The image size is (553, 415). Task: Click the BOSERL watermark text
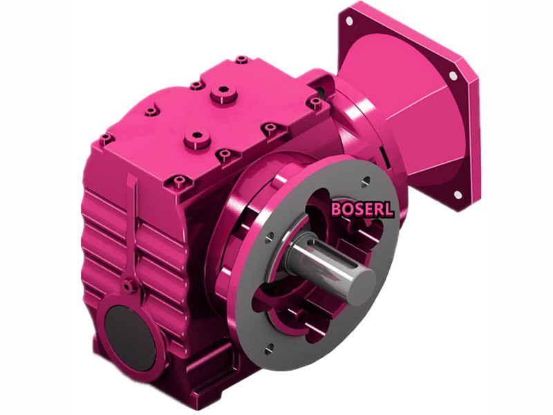click(362, 209)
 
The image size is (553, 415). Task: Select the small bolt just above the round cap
click(126, 286)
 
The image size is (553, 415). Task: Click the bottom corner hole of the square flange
click(458, 196)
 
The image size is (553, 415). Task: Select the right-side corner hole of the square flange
click(453, 75)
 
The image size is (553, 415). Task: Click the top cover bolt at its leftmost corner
click(106, 138)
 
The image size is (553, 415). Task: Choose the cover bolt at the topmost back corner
click(241, 60)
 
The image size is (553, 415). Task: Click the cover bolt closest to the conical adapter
click(316, 103)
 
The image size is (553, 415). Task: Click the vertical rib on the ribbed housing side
click(133, 228)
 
